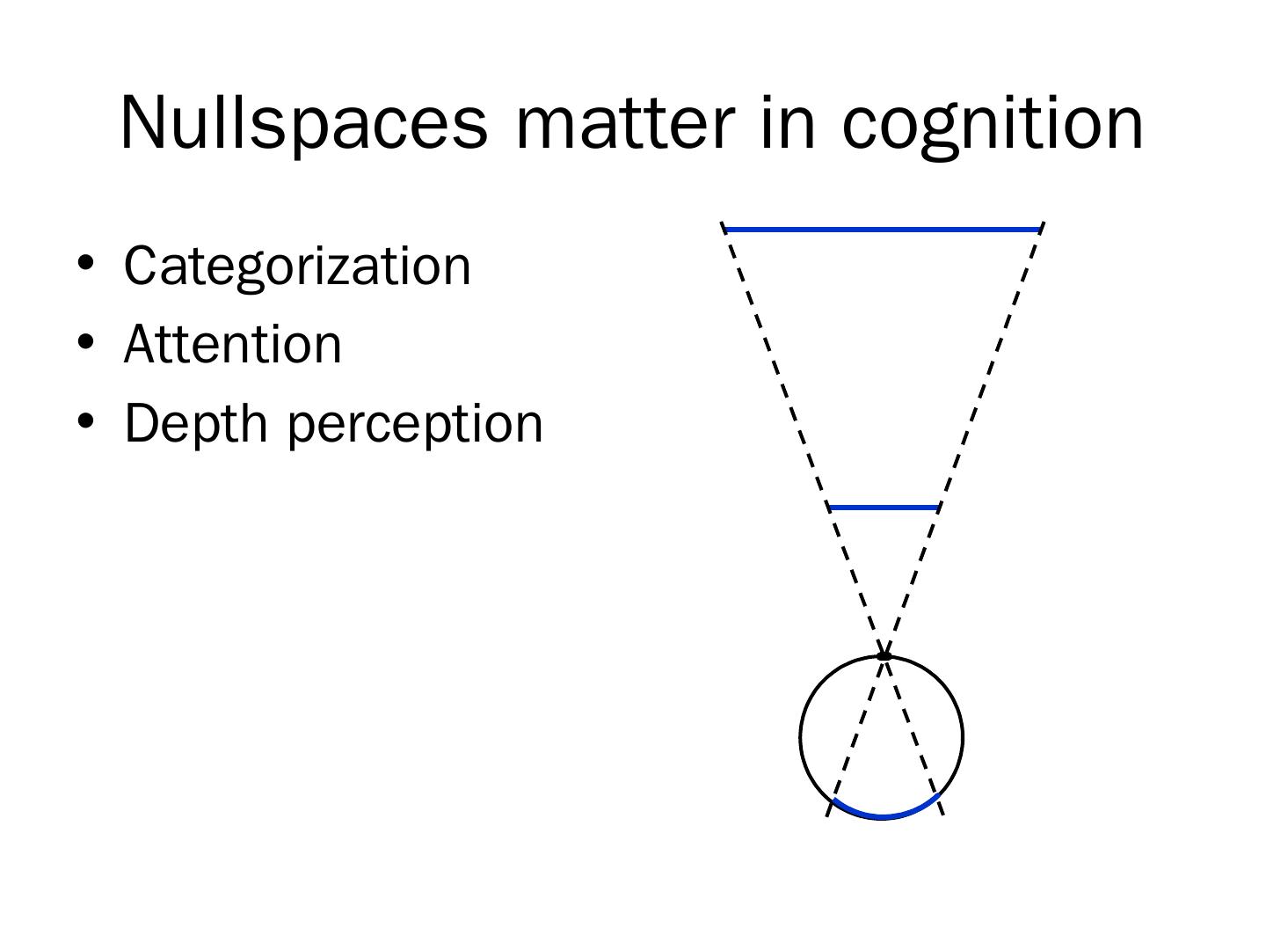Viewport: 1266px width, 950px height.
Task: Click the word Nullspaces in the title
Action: point(303,123)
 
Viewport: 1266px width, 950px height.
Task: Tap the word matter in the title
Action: point(624,123)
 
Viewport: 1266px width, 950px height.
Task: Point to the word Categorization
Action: point(297,266)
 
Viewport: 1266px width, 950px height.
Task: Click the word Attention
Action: point(233,344)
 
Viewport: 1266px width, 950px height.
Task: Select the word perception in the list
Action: point(415,425)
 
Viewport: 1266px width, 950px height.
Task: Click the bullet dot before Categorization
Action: point(85,262)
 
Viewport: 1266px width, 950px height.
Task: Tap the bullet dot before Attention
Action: point(85,341)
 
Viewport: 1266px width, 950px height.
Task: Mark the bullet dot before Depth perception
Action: point(85,420)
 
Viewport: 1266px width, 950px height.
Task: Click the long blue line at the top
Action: point(882,230)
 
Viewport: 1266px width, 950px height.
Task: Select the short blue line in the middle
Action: point(884,508)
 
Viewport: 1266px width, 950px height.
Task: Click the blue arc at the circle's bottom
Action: point(884,815)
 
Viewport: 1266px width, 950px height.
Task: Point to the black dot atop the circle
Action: point(884,655)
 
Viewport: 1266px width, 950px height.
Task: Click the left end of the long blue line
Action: point(727,230)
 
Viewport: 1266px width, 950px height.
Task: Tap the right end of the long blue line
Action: point(1037,230)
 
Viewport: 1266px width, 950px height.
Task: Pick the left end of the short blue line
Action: point(832,508)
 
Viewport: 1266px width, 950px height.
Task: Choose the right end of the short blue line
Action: point(936,508)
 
